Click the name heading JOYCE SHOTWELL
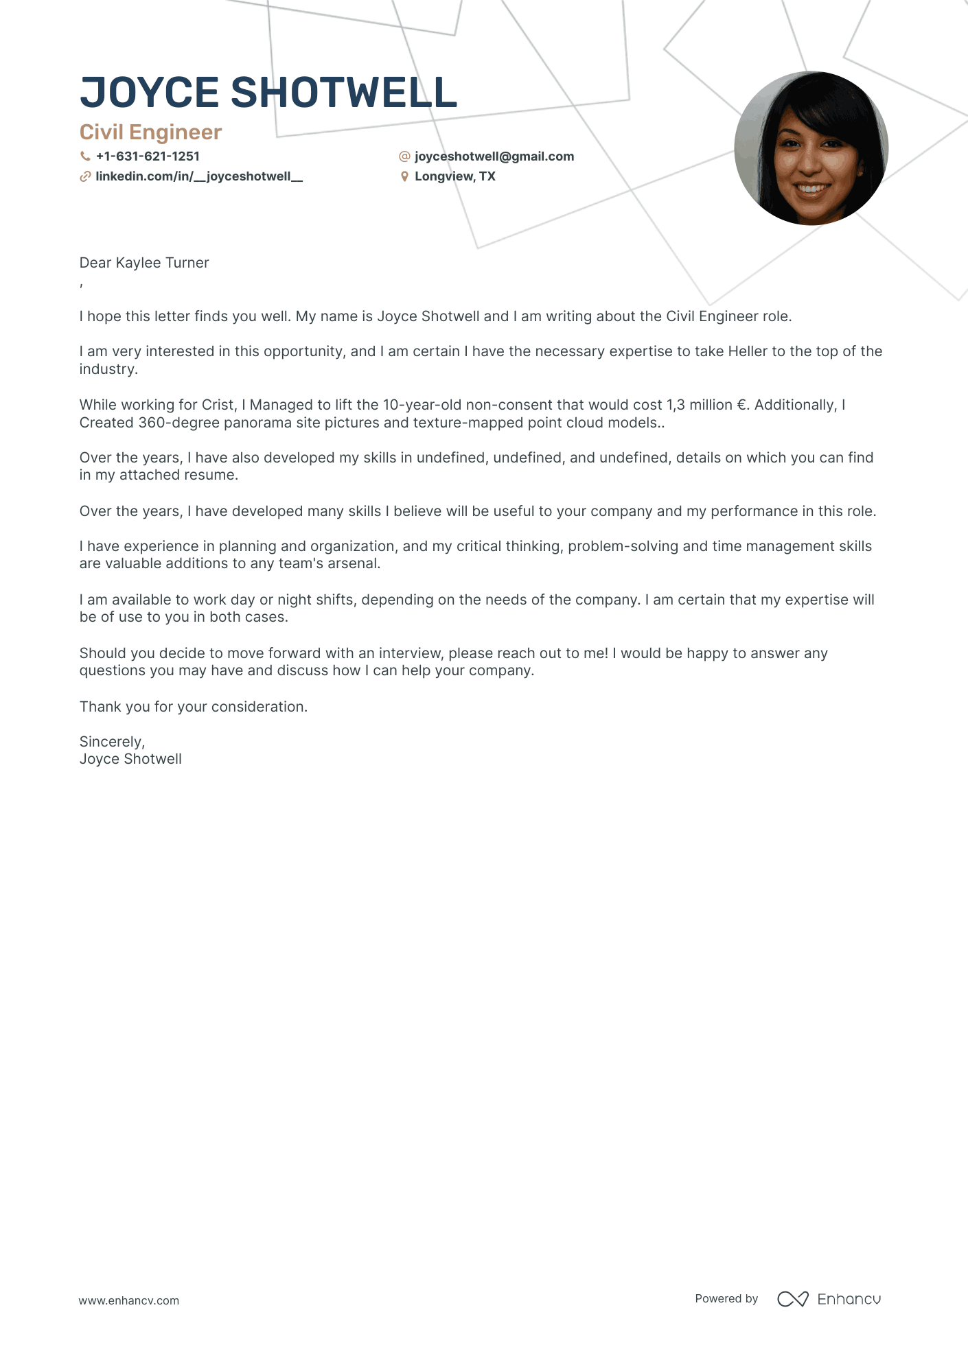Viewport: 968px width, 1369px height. pos(268,93)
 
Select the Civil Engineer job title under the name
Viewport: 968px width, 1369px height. pos(150,132)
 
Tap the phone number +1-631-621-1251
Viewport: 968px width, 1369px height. pos(148,156)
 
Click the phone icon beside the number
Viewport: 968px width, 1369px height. pos(85,156)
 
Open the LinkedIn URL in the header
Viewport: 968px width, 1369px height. pos(199,176)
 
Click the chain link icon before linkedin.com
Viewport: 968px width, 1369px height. pos(85,176)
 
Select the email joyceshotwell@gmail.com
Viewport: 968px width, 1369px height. pos(494,156)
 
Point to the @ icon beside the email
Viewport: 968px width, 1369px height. pos(404,156)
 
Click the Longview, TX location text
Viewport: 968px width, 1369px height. pos(454,176)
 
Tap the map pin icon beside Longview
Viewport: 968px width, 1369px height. pos(404,176)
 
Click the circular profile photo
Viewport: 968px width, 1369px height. pos(811,148)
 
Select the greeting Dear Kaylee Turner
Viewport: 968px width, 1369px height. pos(144,263)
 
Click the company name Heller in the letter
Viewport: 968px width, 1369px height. pos(747,351)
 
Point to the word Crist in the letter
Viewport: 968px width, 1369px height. pos(218,405)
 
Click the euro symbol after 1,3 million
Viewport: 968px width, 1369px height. pos(741,405)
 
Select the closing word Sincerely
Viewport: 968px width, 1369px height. pos(111,742)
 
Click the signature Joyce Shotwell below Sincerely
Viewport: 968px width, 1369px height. pos(130,759)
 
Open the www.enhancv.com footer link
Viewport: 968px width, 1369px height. pos(128,1300)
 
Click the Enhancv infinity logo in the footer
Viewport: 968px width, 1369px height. pos(792,1299)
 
